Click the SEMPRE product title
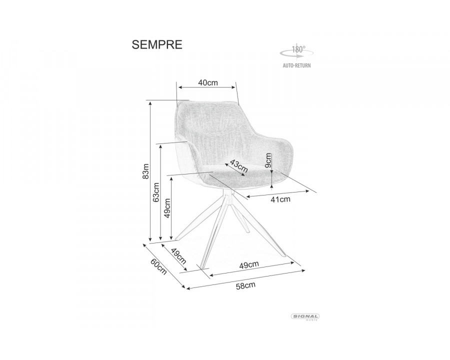click(157, 44)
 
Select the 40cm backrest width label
click(207, 83)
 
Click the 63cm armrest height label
click(156, 192)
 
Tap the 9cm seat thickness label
click(268, 160)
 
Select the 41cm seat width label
click(280, 199)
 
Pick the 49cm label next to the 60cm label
click(178, 256)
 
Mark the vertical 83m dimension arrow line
click(150, 170)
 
